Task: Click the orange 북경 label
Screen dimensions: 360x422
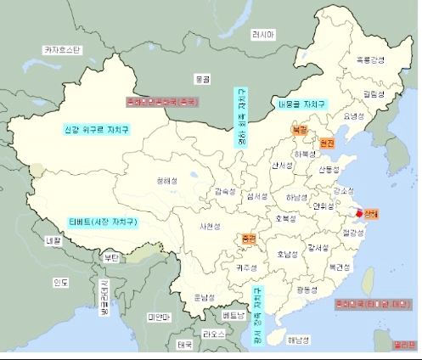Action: pyautogui.click(x=299, y=131)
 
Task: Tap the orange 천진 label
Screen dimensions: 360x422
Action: pyautogui.click(x=328, y=143)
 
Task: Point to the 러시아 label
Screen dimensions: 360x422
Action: pyautogui.click(x=263, y=35)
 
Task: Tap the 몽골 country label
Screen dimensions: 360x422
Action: pyautogui.click(x=202, y=78)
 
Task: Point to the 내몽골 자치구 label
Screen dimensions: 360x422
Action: pyautogui.click(x=301, y=105)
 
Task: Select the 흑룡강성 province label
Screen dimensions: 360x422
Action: pyautogui.click(x=370, y=59)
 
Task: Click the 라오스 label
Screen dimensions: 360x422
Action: pyautogui.click(x=215, y=335)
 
